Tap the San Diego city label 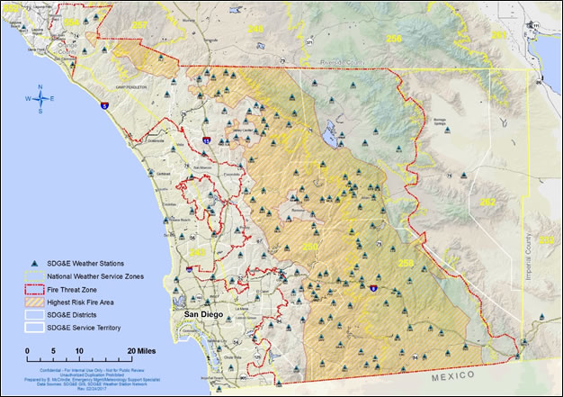tap(204, 314)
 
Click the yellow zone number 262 tap(487, 202)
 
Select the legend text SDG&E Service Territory tap(85, 327)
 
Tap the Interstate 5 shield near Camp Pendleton tap(104, 106)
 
